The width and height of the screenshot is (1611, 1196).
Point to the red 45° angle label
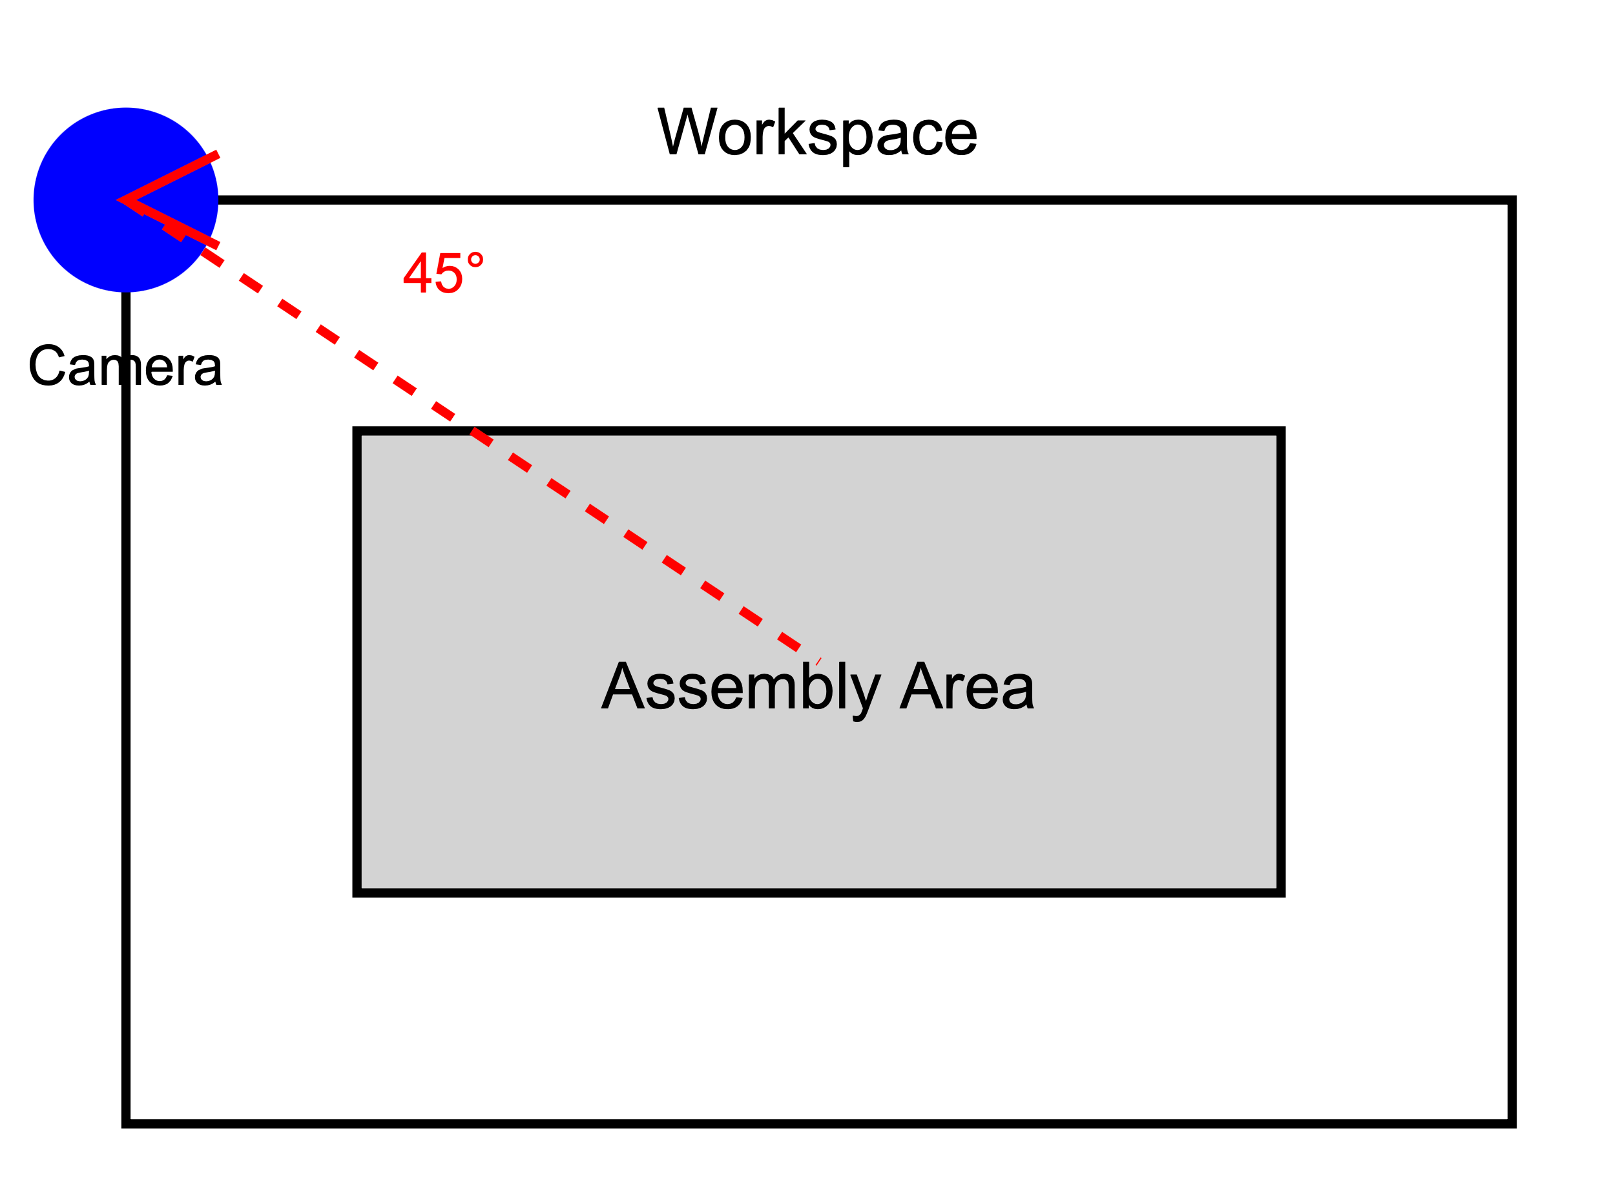point(442,273)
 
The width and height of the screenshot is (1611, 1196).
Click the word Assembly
point(740,686)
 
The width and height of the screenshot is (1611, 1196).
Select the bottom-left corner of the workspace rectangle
point(126,1123)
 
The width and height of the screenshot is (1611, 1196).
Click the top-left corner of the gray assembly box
point(358,431)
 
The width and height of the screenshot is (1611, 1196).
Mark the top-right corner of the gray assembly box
point(1280,431)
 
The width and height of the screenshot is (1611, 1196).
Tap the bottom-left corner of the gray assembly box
point(358,892)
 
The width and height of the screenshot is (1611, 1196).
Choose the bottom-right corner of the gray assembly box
point(1280,892)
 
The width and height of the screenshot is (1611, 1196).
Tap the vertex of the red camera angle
point(121,200)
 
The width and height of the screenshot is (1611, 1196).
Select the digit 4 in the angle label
point(418,273)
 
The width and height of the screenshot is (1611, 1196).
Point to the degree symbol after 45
point(475,260)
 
